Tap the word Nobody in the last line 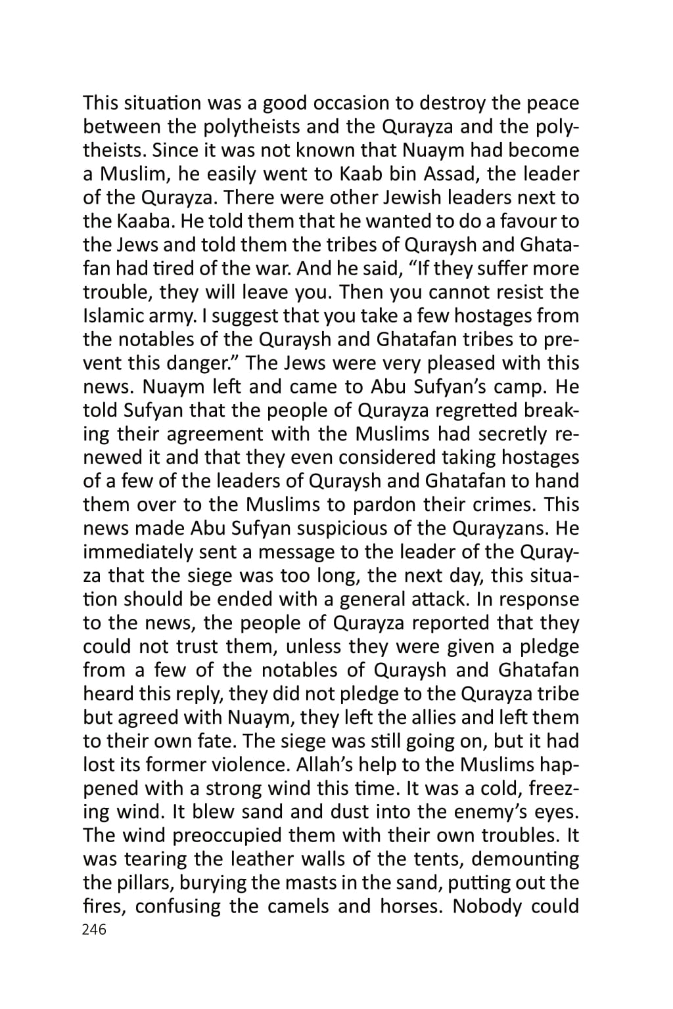click(486, 907)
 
